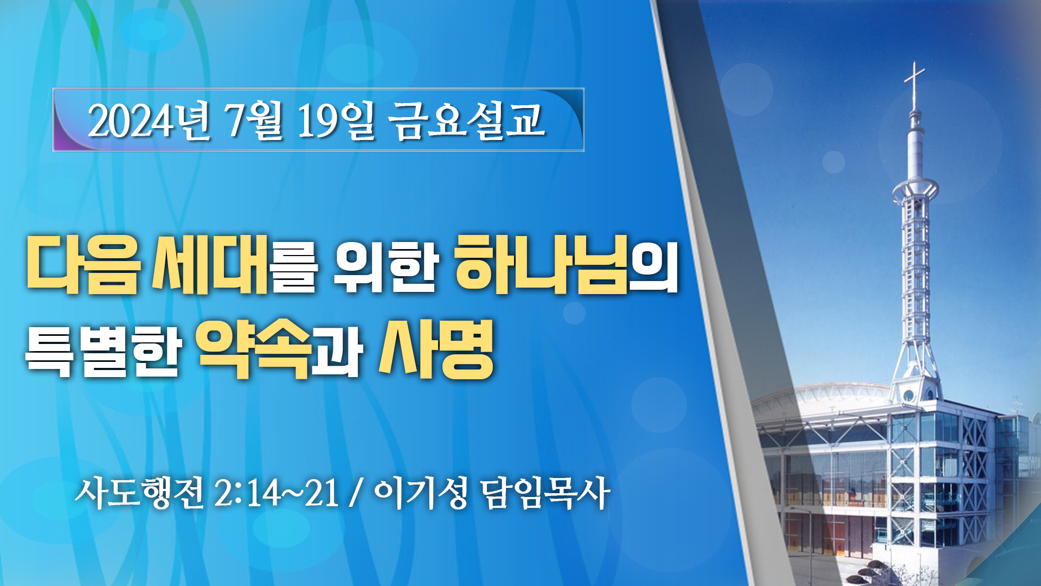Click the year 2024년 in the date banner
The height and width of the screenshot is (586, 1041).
coord(149,120)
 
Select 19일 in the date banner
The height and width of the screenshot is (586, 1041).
coord(336,120)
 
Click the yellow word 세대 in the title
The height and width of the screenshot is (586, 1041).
coord(209,265)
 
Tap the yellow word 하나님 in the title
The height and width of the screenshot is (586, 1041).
coord(541,265)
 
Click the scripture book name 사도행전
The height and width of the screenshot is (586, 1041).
coord(139,493)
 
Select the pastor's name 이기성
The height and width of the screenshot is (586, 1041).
coord(421,493)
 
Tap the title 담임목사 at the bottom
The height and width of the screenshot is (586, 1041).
coord(545,493)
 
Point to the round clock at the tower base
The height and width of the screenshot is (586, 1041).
coord(909,395)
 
